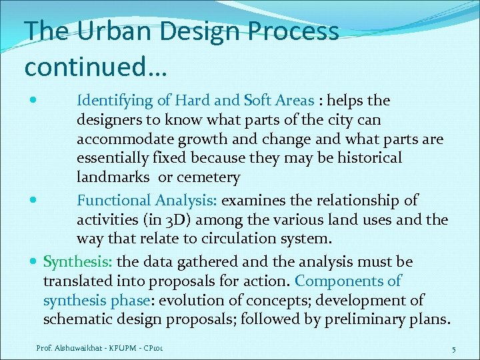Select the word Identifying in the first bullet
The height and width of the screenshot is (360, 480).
(x=115, y=101)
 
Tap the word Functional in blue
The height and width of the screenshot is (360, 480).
(x=114, y=200)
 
